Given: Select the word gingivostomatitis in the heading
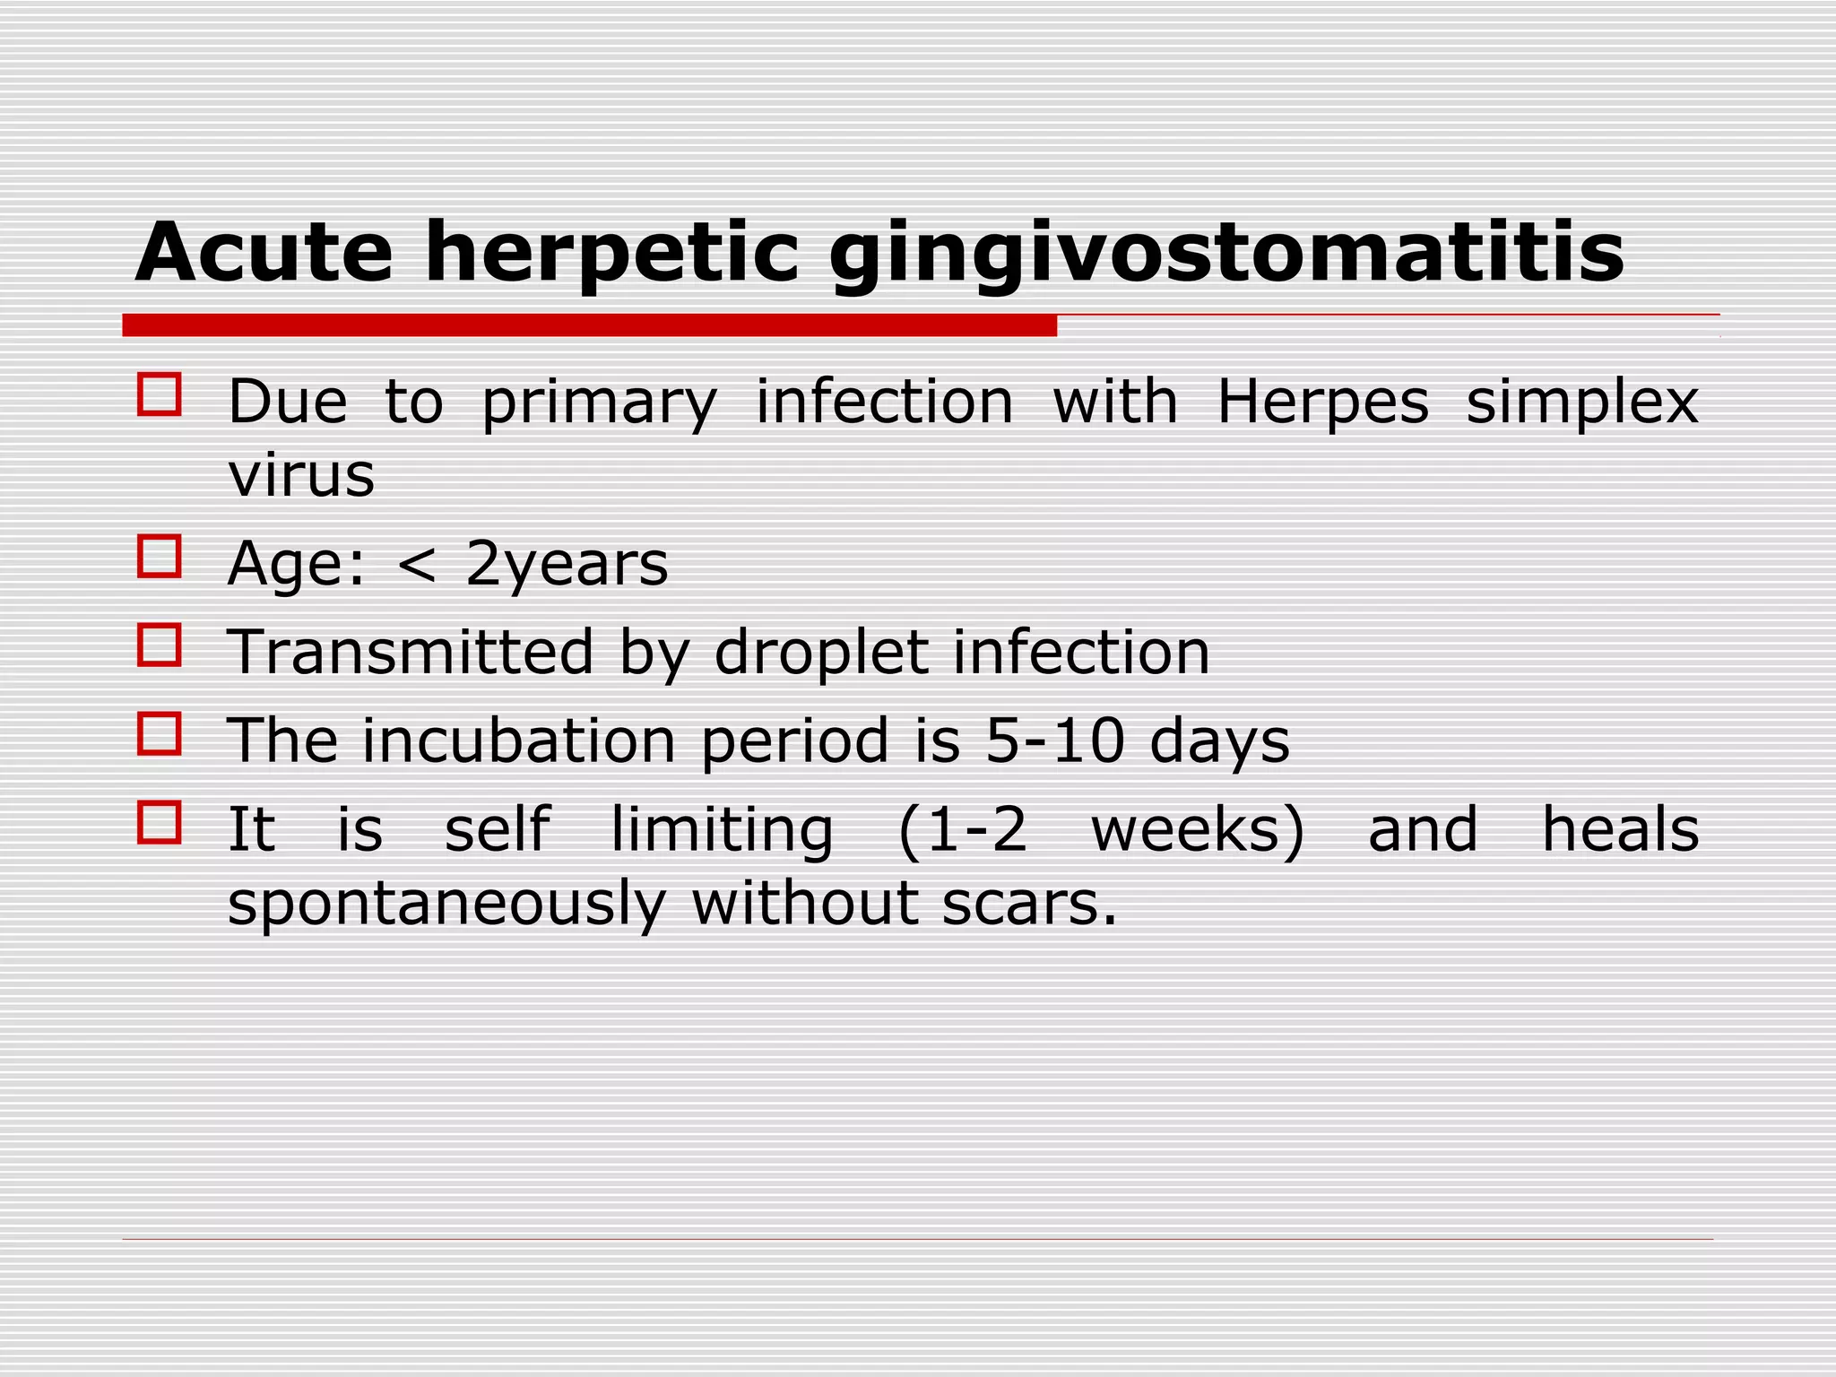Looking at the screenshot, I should (x=1226, y=254).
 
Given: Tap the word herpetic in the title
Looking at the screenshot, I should (x=611, y=254).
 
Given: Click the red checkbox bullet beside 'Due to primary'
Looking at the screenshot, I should (x=160, y=394).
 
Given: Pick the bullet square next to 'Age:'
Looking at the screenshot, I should (x=160, y=557).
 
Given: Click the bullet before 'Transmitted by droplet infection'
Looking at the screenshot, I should (x=160, y=645).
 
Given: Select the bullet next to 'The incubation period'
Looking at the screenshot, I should (x=160, y=733).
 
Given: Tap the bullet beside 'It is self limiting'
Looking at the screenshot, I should (x=160, y=822).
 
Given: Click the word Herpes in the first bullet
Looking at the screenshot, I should (x=1322, y=403).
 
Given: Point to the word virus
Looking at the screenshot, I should (x=301, y=475).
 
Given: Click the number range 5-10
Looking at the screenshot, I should (x=1054, y=741).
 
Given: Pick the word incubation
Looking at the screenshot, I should (x=519, y=741).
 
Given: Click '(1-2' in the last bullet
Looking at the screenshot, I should (x=962, y=830).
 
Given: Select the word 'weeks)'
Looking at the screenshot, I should (x=1198, y=830).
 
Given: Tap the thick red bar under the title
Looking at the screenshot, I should (x=589, y=325).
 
